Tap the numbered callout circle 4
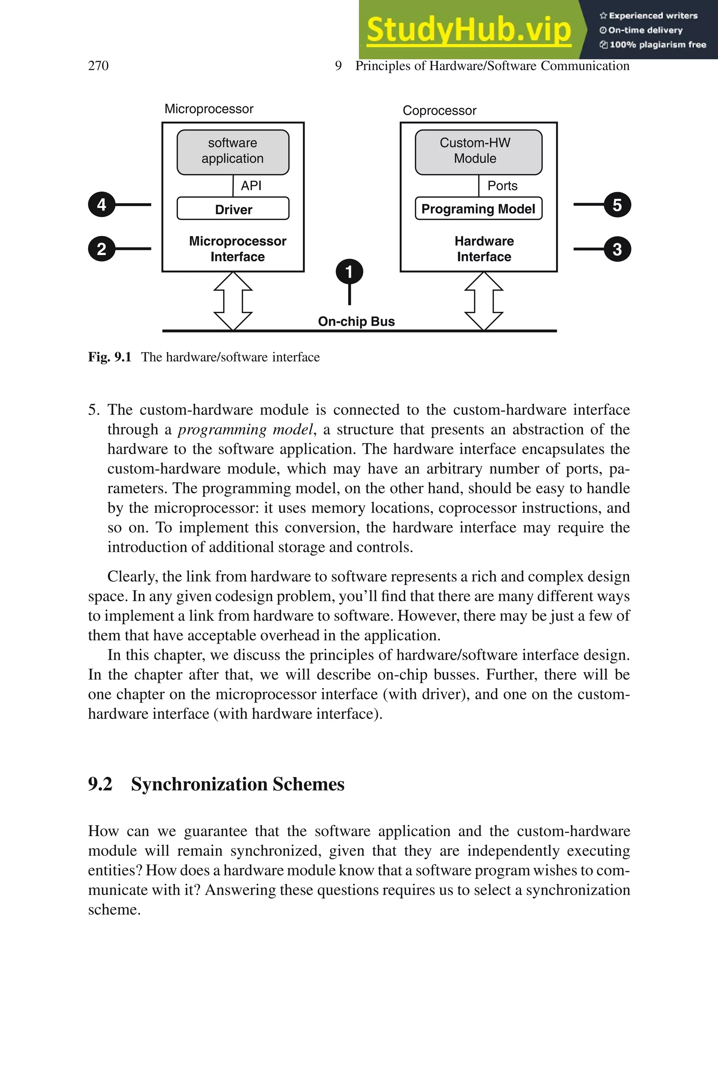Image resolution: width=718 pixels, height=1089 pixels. [101, 204]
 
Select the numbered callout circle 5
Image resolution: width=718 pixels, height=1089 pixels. [617, 205]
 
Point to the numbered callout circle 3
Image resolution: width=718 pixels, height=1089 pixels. [617, 249]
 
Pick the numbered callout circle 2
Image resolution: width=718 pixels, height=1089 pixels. [101, 249]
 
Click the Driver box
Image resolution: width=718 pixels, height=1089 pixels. [233, 209]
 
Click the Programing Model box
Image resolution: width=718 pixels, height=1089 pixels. [478, 209]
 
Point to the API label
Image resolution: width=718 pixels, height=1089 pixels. [251, 186]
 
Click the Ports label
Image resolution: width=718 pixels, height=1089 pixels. [502, 186]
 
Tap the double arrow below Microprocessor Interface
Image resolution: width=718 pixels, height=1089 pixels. [233, 301]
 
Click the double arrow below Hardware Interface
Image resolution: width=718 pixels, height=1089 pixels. [483, 301]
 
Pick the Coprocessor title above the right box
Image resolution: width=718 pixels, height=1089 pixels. [439, 110]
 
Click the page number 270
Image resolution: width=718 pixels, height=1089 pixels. [98, 66]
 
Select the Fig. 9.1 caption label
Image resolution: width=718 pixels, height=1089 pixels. [109, 357]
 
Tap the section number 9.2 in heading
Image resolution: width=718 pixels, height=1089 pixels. [100, 784]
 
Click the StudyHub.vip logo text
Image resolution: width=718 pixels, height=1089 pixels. [468, 30]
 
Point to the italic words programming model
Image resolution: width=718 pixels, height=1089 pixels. [245, 429]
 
